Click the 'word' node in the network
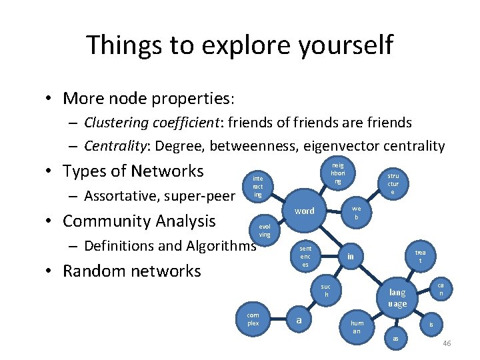[x=304, y=211]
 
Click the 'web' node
[x=357, y=212]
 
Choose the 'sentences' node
[x=305, y=256]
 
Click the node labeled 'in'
[x=350, y=257]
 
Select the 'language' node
[x=397, y=297]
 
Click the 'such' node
[x=326, y=290]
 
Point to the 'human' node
[x=357, y=326]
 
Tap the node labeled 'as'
[x=395, y=338]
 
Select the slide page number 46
[x=447, y=343]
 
